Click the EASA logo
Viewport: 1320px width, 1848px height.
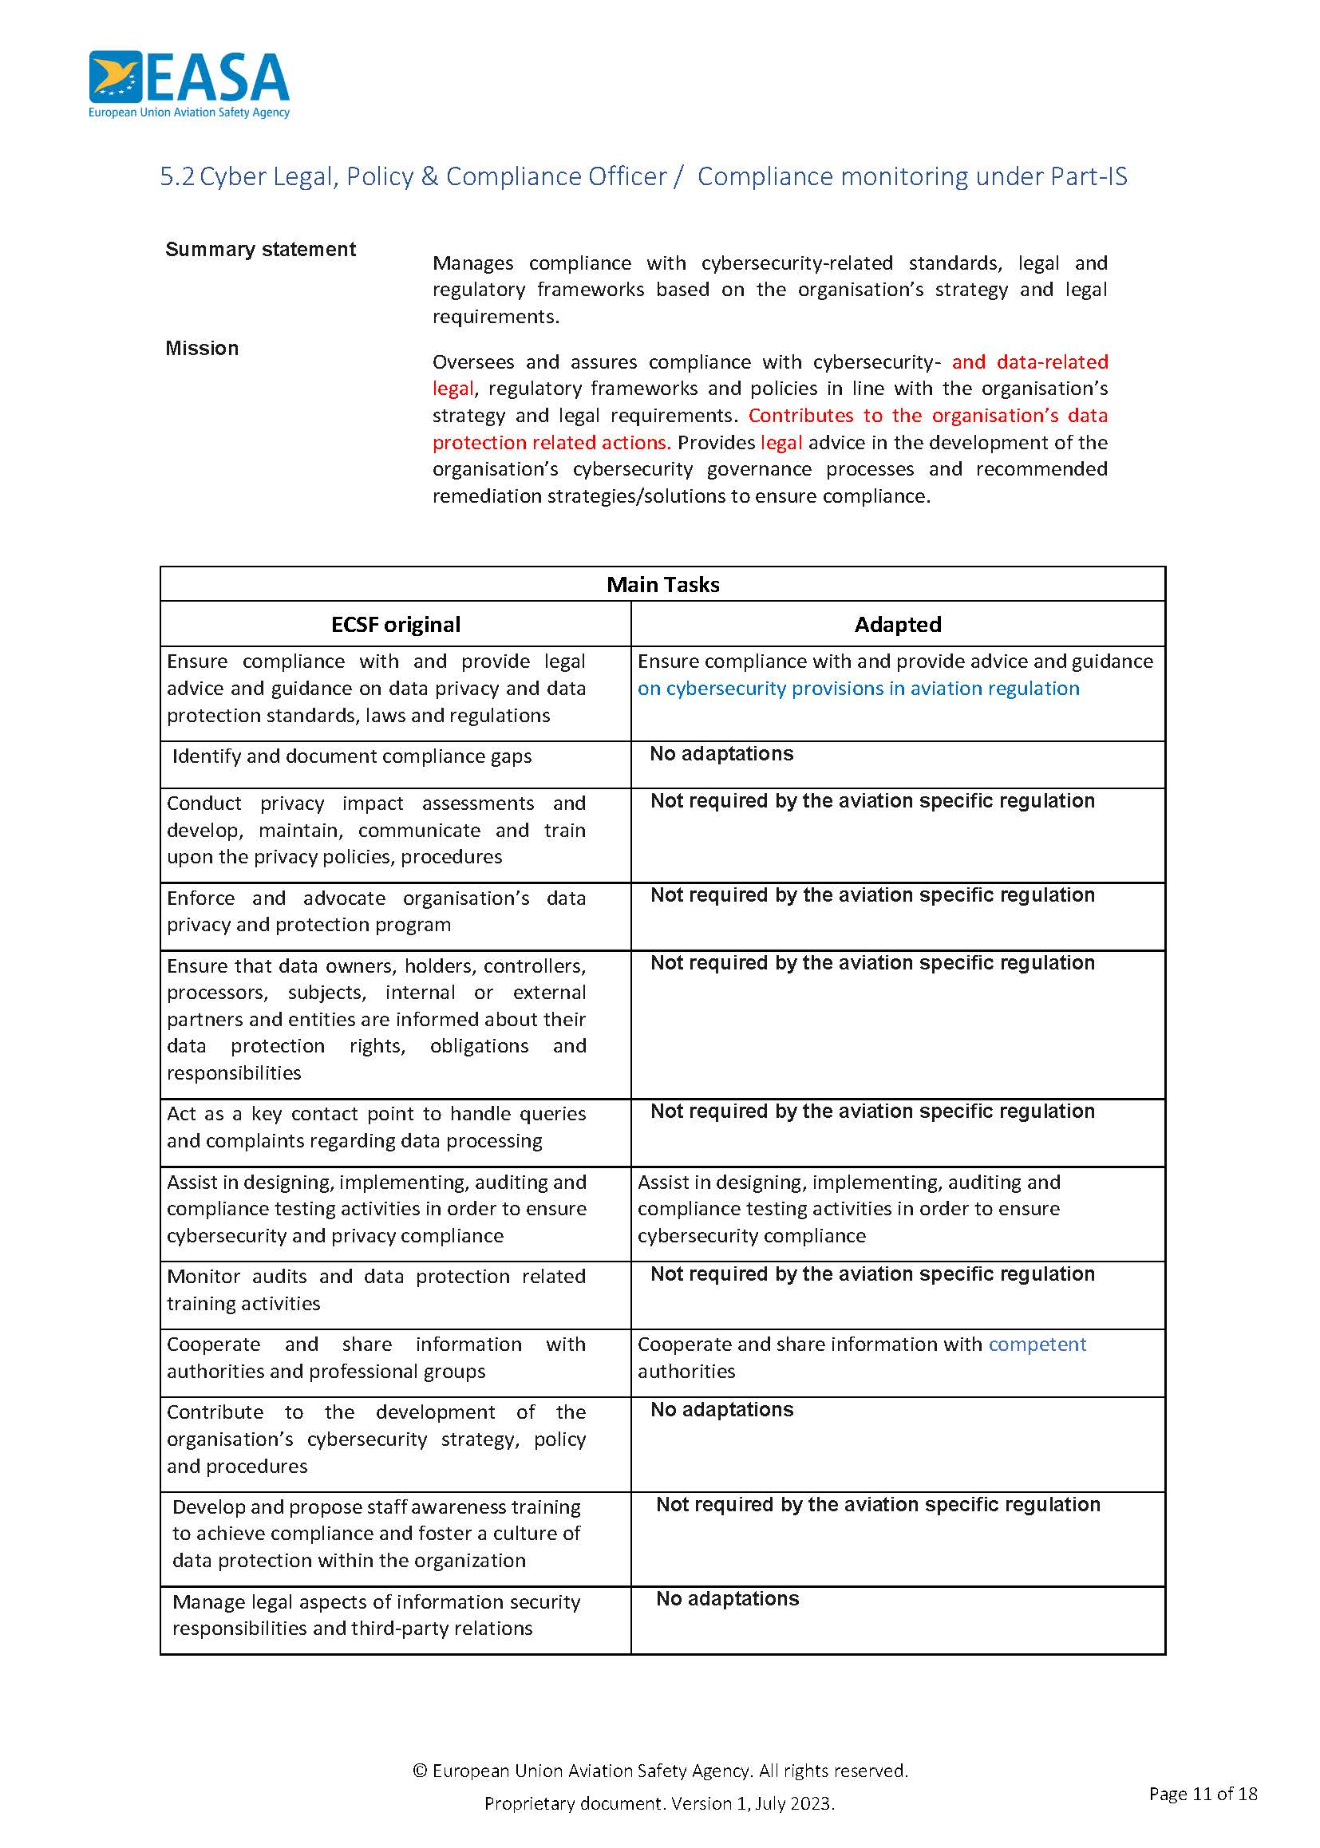coord(188,84)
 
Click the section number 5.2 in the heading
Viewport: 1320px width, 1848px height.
coord(176,177)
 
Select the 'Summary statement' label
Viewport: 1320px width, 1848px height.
coord(260,250)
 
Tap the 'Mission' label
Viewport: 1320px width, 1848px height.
coord(202,349)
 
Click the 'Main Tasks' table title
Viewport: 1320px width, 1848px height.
coord(662,584)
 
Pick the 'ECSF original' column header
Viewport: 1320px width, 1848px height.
coord(395,624)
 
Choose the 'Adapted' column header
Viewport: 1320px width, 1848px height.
coord(897,624)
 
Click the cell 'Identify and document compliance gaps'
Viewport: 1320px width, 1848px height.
coord(351,756)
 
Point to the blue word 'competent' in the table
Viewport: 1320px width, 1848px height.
coord(1037,1345)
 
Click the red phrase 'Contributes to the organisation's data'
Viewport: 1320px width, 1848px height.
coord(927,415)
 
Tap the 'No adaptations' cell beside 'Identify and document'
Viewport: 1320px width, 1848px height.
coord(721,753)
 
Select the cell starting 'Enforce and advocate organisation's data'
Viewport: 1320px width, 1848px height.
coord(376,911)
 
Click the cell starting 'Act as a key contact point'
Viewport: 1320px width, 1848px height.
coord(376,1127)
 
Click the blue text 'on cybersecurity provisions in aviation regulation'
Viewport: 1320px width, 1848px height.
coord(857,689)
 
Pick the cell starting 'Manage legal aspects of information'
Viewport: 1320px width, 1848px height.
coord(376,1615)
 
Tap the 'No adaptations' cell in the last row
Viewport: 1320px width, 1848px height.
coord(727,1598)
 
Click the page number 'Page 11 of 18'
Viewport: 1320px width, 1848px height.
coord(1202,1794)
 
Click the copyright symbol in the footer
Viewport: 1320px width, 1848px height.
coord(420,1771)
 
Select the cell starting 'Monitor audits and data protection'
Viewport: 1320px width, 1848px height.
coord(376,1289)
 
